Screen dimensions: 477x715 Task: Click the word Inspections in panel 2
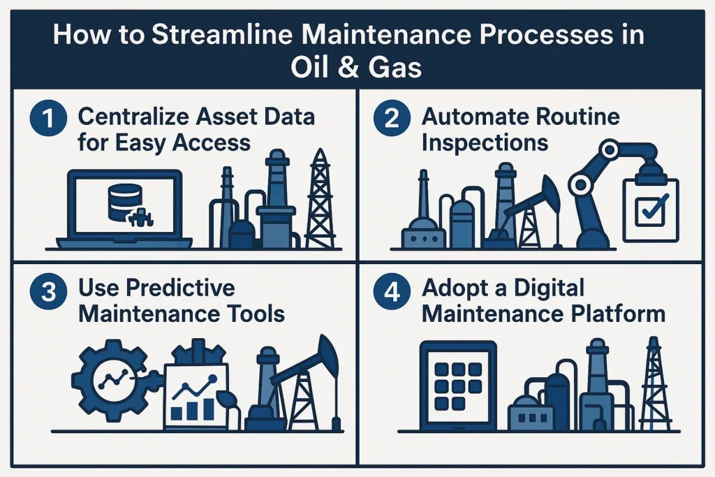click(485, 143)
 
